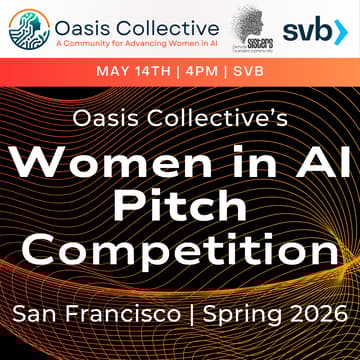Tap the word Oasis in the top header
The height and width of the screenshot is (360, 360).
pos(85,23)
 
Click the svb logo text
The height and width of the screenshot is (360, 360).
pos(305,30)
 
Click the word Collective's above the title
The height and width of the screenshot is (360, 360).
pos(217,118)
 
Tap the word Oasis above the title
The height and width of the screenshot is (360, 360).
pos(107,118)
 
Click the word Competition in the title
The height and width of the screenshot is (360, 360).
pos(180,249)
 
